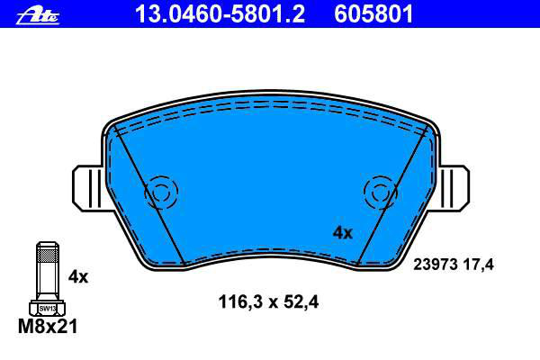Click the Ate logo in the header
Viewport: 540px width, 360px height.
click(x=38, y=16)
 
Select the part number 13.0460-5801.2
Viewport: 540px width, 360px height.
click(x=220, y=14)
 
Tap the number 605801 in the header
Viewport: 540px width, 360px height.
click(x=373, y=14)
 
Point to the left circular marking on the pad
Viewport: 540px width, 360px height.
click(x=161, y=193)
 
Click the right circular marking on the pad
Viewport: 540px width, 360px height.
click(x=381, y=193)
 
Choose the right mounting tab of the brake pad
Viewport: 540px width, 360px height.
click(x=454, y=187)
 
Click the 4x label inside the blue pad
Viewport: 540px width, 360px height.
click(x=343, y=233)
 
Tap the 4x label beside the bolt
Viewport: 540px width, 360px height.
click(x=78, y=276)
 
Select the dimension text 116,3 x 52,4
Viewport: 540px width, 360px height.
click(x=268, y=302)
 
